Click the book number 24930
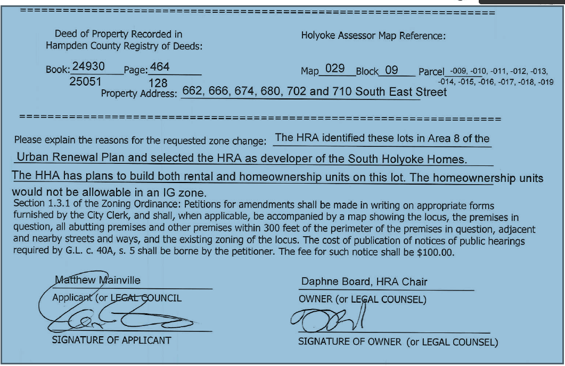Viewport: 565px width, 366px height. pos(88,67)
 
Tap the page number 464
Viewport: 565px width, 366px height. pos(160,68)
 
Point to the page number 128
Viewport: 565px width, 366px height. pos(158,83)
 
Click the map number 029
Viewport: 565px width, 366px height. pos(335,70)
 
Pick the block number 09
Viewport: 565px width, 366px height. pos(391,70)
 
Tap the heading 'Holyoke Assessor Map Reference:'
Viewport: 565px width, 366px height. pos(373,36)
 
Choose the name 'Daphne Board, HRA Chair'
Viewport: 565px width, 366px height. pos(364,281)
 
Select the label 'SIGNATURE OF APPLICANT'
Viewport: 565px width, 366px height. pos(111,340)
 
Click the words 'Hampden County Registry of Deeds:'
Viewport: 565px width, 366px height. pos(124,46)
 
